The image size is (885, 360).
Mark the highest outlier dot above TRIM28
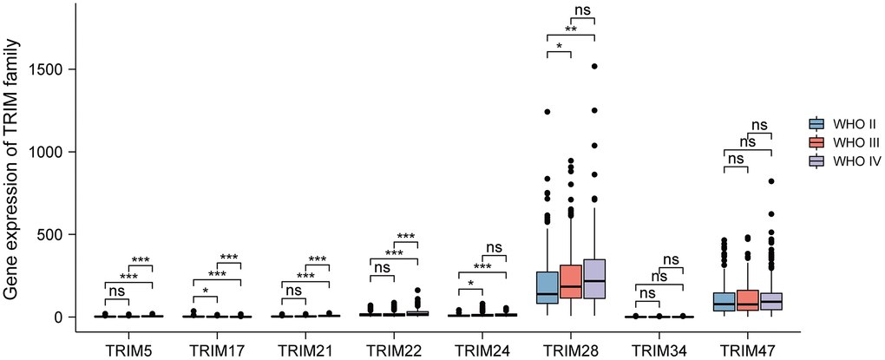(x=595, y=66)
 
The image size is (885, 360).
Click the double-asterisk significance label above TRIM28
(x=572, y=28)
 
